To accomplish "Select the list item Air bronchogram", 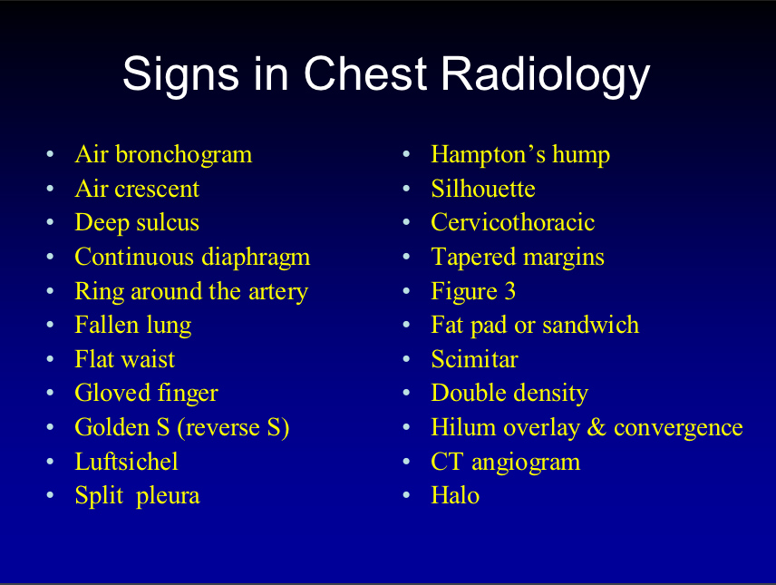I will click(x=163, y=155).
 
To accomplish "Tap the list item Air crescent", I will click(x=137, y=189).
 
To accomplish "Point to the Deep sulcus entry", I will click(x=137, y=223).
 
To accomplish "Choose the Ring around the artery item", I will click(x=191, y=292).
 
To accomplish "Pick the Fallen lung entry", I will click(x=133, y=326).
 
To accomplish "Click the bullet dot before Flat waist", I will click(x=51, y=360).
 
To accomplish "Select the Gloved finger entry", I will click(x=146, y=394).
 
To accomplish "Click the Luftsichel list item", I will click(x=126, y=462).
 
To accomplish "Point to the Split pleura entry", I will click(x=137, y=496).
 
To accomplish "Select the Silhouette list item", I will click(x=483, y=189).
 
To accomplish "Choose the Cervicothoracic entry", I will click(x=513, y=223).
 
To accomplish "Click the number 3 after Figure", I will click(x=510, y=292).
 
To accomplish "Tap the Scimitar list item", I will click(x=474, y=360).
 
